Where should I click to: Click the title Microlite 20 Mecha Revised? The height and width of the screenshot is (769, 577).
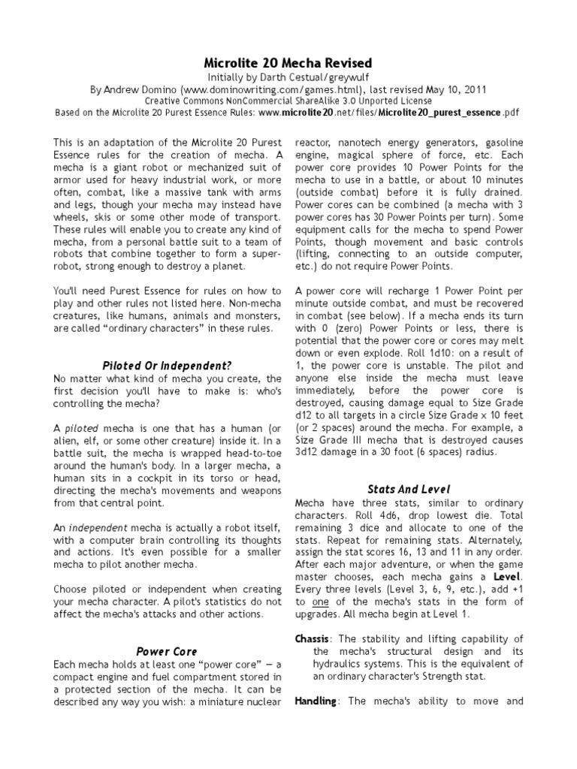pyautogui.click(x=288, y=62)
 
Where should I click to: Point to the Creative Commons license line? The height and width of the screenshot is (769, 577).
pyautogui.click(x=288, y=101)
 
